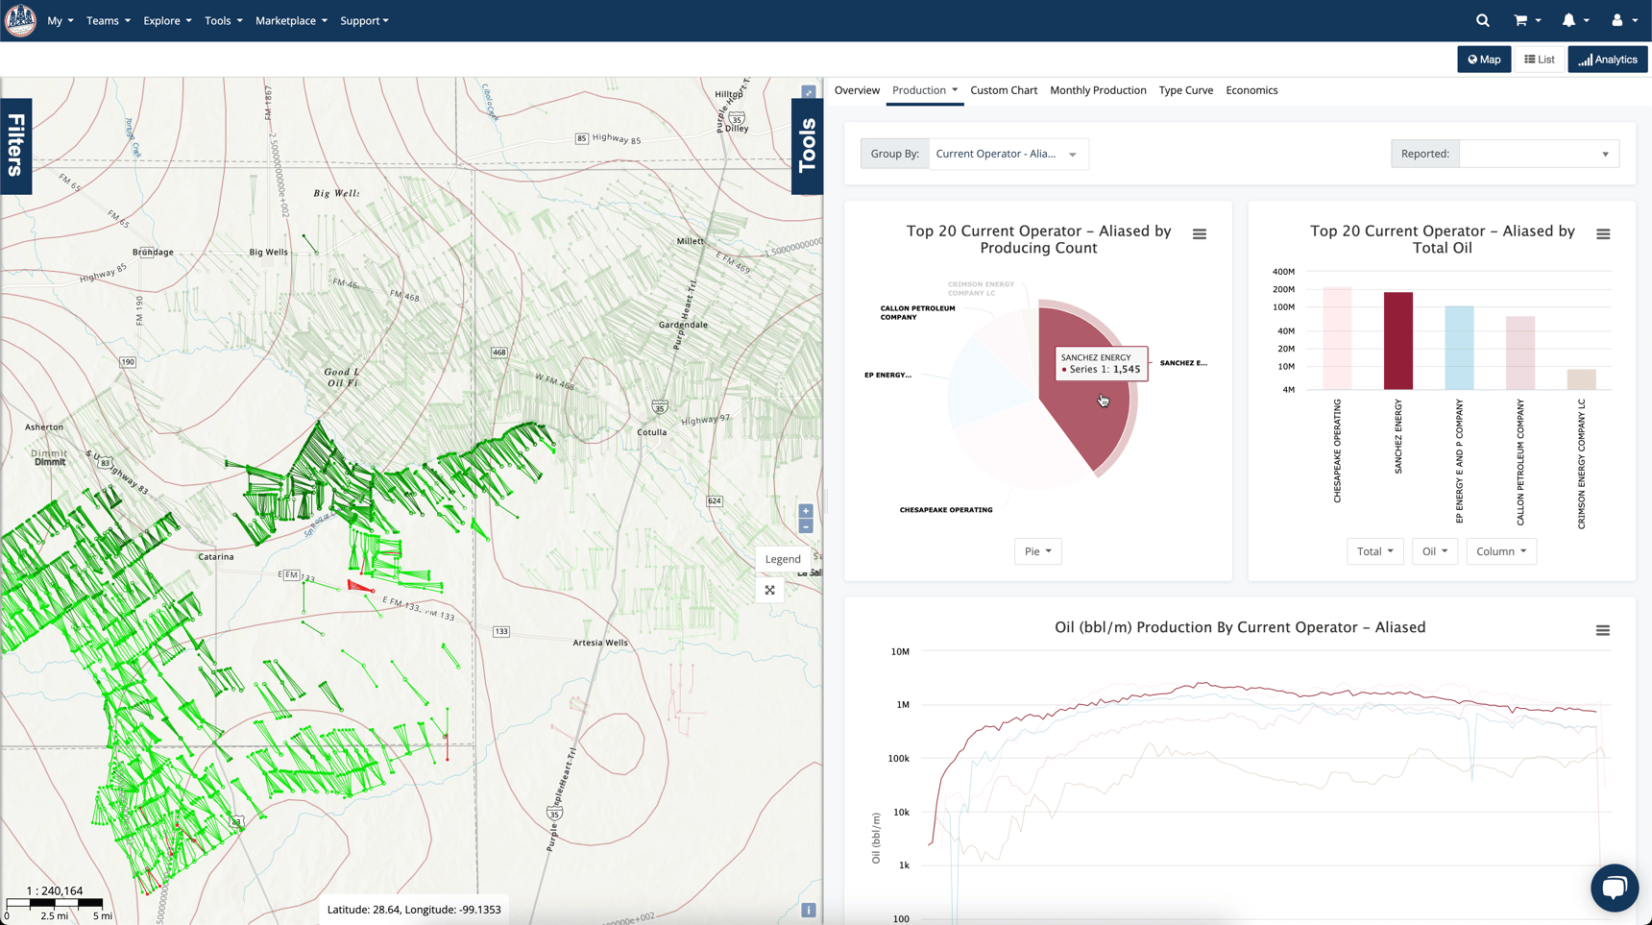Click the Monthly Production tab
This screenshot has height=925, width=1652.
(1098, 90)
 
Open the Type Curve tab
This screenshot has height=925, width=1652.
(1185, 90)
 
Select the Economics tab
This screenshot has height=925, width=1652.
(1251, 90)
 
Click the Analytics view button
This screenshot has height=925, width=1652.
(1608, 60)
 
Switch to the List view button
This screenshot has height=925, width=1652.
(1539, 60)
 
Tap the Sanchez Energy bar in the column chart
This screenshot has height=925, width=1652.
(1397, 341)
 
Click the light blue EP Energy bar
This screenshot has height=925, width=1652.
(1459, 348)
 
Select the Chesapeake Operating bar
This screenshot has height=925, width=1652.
(1337, 338)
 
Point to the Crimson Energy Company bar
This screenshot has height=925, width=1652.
(1581, 379)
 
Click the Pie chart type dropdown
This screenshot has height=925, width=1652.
(1037, 551)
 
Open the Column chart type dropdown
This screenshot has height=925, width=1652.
(1501, 551)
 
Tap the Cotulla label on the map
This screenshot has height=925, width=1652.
(651, 432)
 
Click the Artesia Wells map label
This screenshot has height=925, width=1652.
(600, 643)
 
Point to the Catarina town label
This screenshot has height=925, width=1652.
(216, 556)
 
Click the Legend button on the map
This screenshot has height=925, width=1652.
(782, 559)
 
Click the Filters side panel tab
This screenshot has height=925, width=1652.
(16, 146)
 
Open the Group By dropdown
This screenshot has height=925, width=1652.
(1008, 154)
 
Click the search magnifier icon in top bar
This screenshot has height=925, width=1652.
(1482, 20)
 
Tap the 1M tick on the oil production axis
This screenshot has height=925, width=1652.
(902, 705)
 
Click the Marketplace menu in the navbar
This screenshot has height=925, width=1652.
(291, 20)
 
